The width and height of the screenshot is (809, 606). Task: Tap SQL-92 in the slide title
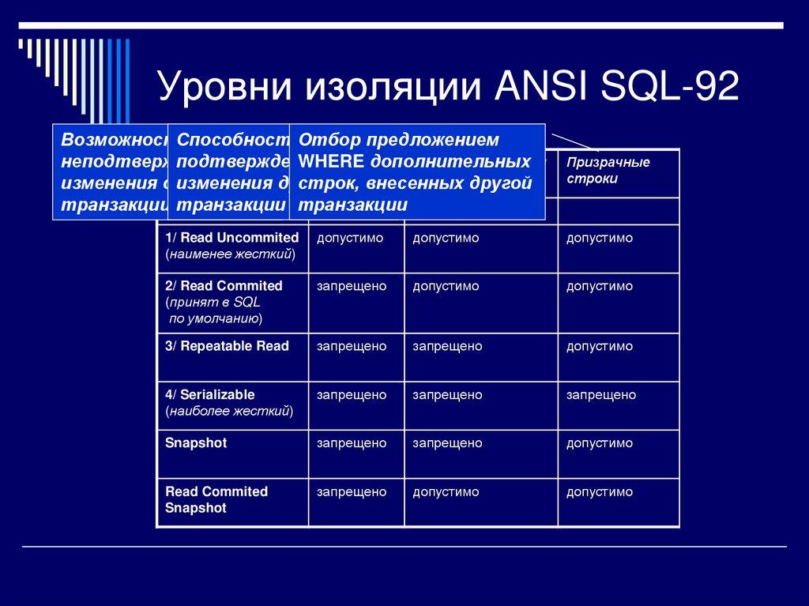point(671,87)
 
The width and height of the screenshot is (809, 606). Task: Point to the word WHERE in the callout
point(330,162)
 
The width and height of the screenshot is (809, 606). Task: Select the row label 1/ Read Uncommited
point(231,238)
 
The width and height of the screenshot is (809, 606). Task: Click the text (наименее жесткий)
point(230,254)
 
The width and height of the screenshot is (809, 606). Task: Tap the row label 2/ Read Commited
point(224,286)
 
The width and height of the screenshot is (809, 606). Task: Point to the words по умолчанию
point(215,319)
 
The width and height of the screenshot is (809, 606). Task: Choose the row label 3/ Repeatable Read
point(227,346)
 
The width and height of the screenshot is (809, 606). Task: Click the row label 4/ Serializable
point(210,394)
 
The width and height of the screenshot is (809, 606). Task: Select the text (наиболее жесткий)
point(229,411)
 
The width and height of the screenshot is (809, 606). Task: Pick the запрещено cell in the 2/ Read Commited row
point(352,286)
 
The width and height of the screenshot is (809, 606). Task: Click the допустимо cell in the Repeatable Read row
point(599,346)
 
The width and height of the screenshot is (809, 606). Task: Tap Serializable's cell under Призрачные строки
point(600,394)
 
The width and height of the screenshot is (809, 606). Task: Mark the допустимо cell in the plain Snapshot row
point(599,443)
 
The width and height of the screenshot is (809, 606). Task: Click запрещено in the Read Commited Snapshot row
point(352,491)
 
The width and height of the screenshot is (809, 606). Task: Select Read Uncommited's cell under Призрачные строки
point(599,238)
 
